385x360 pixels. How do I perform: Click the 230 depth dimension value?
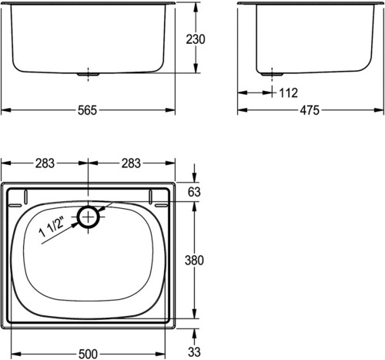tap(196, 39)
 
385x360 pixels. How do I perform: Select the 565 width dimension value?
tap(88, 110)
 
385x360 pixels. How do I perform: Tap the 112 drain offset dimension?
tap(288, 93)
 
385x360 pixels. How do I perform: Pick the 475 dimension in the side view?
tap(310, 110)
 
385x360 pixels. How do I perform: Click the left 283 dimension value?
tap(45, 163)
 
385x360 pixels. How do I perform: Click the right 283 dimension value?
tap(131, 163)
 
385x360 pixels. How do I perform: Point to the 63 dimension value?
tap(194, 192)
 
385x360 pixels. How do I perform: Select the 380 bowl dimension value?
tap(194, 261)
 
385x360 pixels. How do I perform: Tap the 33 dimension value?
tap(194, 352)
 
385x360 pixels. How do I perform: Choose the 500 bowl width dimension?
tap(88, 354)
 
